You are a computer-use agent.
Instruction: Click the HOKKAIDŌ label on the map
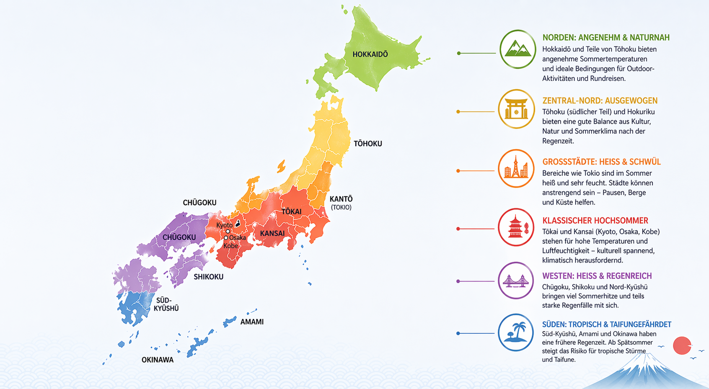tap(370, 54)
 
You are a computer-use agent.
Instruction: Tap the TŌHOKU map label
tap(367, 144)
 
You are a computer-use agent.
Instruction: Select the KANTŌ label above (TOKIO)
tap(341, 199)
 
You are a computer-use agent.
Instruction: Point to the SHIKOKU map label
tap(208, 277)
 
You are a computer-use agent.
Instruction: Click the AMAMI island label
tap(252, 322)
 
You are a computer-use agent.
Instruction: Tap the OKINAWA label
tap(157, 360)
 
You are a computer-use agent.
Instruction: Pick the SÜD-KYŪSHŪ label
tap(166, 304)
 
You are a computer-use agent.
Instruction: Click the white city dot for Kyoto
tap(228, 231)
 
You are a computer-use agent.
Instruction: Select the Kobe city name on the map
tap(230, 246)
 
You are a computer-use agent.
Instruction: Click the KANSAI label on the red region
tap(272, 233)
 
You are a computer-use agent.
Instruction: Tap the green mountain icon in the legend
tap(518, 49)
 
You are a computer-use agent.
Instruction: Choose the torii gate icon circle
tap(516, 109)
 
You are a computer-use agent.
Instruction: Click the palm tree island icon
tap(516, 332)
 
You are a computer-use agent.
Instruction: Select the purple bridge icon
tap(516, 281)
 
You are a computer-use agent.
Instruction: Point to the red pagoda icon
tap(516, 227)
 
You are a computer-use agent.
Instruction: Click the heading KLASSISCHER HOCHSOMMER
tap(595, 221)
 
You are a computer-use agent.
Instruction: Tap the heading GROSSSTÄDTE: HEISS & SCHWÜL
tap(601, 162)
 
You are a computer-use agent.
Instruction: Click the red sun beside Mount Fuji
tap(682, 345)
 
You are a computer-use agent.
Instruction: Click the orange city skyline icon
tap(516, 168)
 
